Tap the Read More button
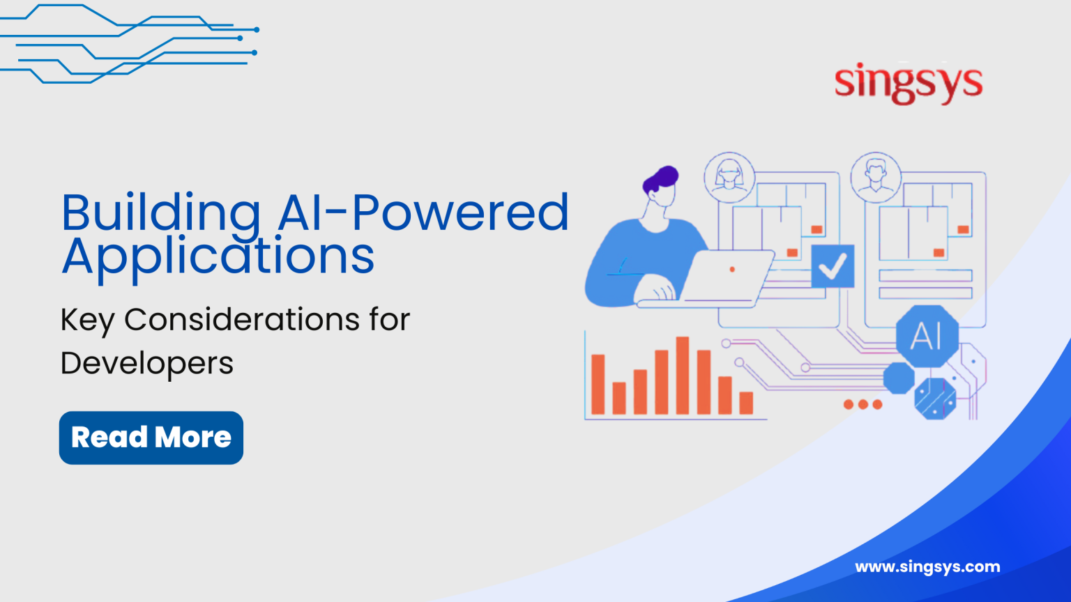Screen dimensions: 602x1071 click(151, 438)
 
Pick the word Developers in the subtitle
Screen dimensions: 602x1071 click(147, 364)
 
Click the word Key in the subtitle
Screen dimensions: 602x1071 click(87, 321)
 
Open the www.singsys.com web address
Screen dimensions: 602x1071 click(927, 567)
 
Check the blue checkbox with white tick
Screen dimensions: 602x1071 click(833, 266)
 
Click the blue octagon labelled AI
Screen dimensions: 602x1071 click(927, 337)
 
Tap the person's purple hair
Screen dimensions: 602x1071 click(660, 178)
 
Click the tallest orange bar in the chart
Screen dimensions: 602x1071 click(683, 376)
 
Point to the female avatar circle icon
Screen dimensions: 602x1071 click(729, 177)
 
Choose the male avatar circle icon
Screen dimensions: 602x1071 click(876, 177)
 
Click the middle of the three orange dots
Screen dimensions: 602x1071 click(863, 404)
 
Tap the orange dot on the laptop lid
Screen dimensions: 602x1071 click(732, 269)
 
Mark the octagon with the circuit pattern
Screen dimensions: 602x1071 click(935, 399)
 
